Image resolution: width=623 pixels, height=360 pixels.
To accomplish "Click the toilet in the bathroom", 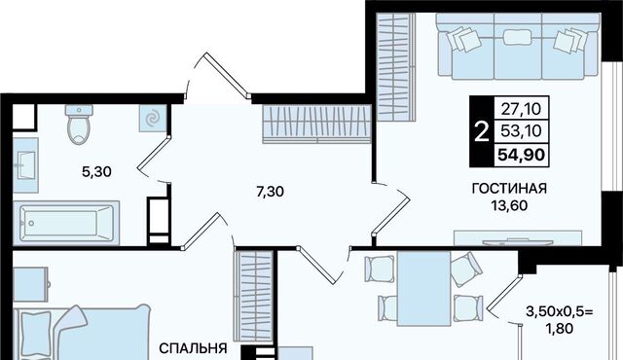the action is click(x=79, y=124).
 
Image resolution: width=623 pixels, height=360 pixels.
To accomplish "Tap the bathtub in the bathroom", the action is click(x=66, y=223).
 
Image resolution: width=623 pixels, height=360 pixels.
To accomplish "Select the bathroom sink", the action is click(x=26, y=165).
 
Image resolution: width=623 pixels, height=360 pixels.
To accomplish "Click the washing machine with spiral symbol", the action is click(x=153, y=119).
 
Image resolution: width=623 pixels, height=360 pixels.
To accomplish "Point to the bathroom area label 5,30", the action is click(x=96, y=172).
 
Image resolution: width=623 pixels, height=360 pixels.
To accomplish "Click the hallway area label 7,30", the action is click(x=271, y=192).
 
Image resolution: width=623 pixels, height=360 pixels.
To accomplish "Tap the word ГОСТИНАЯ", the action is click(x=509, y=189).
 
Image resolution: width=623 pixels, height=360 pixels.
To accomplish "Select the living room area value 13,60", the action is click(x=509, y=205).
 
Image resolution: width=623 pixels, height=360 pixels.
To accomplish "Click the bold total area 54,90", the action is click(x=522, y=155).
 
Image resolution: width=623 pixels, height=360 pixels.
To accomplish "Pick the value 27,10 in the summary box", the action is click(x=522, y=108).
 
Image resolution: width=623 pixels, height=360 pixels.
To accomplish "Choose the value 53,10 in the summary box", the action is click(x=522, y=130).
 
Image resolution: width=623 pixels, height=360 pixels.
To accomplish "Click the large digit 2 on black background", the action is click(x=482, y=132).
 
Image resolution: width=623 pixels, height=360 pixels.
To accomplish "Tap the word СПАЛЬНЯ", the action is click(x=193, y=349).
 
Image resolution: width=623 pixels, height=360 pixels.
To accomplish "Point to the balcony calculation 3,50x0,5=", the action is click(x=560, y=311).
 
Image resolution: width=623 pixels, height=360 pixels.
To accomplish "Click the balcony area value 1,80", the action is click(x=560, y=329).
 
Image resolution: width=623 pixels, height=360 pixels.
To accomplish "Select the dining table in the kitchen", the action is click(x=423, y=289).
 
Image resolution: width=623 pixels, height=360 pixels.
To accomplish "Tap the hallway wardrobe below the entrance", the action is click(x=316, y=124).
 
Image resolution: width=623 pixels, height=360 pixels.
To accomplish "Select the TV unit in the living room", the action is click(x=518, y=237).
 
